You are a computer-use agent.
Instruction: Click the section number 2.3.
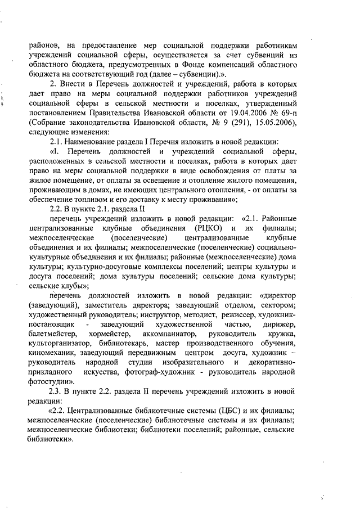[x=56, y=392]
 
